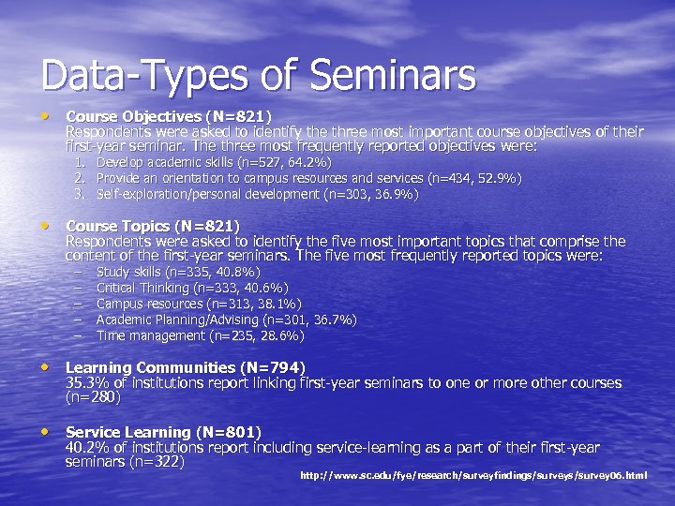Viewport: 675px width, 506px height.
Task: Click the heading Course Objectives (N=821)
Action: [168, 116]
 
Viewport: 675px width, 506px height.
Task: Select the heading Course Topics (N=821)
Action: [152, 226]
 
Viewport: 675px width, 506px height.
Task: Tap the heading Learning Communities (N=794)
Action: [186, 367]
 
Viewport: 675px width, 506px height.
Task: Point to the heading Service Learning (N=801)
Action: [163, 432]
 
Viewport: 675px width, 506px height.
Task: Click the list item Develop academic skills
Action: [214, 162]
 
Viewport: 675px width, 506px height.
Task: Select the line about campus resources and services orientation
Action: [309, 178]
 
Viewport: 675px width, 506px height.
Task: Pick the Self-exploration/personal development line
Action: [258, 194]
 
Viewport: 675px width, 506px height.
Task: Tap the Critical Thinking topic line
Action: [192, 288]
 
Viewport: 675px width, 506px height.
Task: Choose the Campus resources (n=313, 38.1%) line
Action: [199, 304]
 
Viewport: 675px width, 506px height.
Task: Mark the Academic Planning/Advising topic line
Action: [226, 320]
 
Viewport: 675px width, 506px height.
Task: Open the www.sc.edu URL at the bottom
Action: [473, 476]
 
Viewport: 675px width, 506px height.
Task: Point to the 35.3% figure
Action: [87, 383]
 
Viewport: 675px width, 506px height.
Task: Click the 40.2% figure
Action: [87, 448]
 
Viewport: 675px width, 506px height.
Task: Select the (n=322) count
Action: [157, 462]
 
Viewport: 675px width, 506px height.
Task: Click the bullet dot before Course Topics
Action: [44, 226]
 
